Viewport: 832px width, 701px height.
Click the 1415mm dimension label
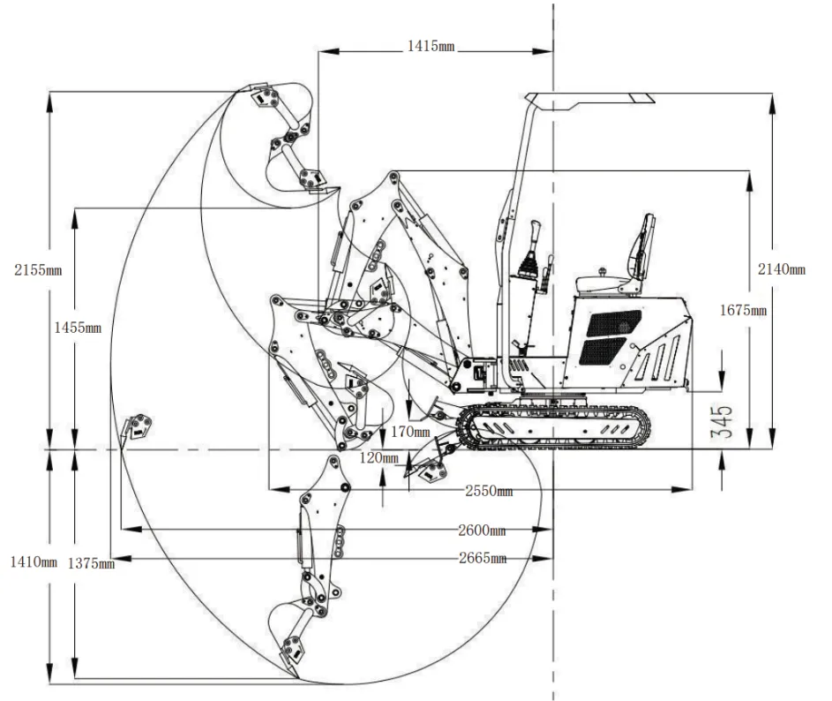[430, 45]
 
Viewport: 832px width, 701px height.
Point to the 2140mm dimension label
[782, 268]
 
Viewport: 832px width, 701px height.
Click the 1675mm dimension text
[743, 310]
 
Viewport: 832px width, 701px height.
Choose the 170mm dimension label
[411, 433]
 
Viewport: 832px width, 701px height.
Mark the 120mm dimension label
[379, 458]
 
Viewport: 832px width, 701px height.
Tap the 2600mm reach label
[482, 531]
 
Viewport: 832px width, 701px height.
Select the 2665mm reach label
[483, 558]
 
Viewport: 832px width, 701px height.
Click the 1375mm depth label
[91, 563]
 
